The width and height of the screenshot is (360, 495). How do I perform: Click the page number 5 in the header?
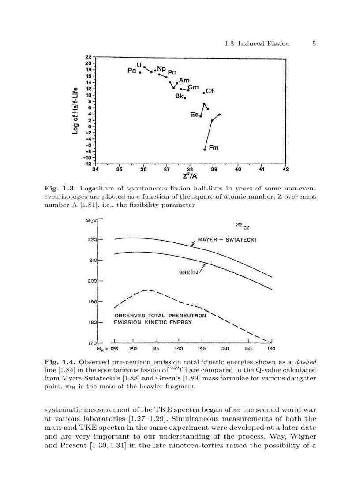pos(314,43)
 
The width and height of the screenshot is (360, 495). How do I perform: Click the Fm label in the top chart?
pos(214,148)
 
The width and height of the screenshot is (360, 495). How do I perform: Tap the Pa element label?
pos(131,71)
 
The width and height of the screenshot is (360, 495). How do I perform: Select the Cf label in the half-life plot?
pos(210,91)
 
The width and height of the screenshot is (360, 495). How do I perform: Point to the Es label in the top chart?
pos(194,115)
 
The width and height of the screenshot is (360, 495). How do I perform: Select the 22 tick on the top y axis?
pos(88,57)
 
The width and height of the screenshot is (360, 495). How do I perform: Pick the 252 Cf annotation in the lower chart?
pos(241,227)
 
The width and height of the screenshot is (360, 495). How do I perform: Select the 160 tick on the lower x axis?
pos(271,349)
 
